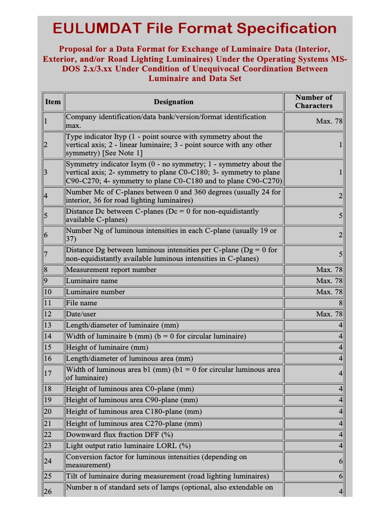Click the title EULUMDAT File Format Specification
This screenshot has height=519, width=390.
click(194, 28)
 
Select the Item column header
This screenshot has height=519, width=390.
click(53, 102)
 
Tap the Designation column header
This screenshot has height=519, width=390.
click(174, 102)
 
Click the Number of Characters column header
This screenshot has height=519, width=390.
click(313, 101)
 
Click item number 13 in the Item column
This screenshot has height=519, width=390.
click(48, 325)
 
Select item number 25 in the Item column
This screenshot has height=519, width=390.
click(48, 476)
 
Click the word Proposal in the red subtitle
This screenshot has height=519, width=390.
click(77, 49)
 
